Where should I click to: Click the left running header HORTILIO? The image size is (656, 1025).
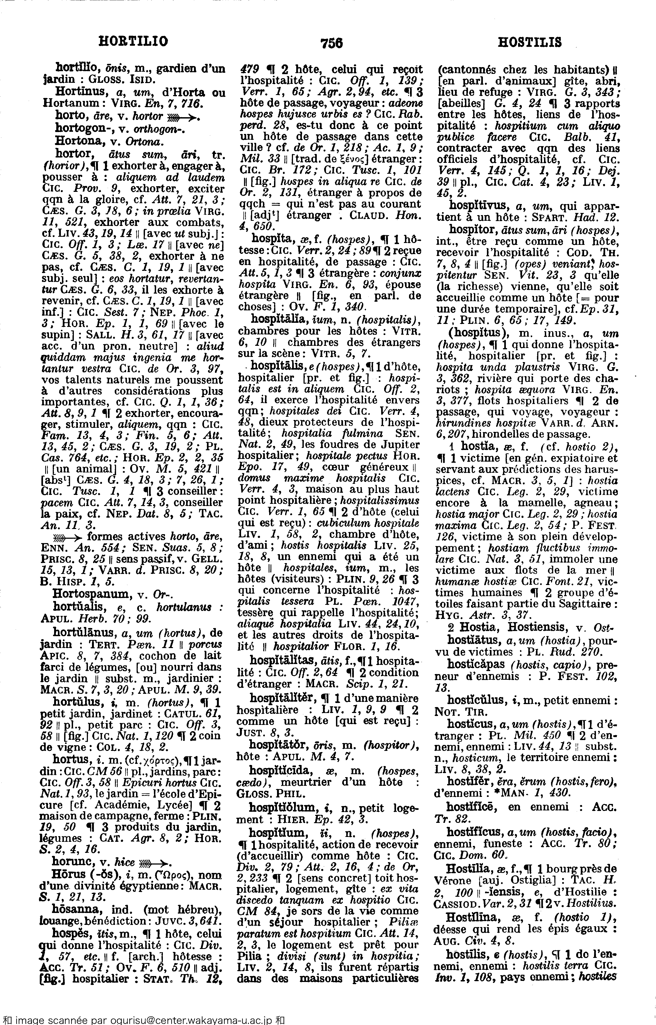(133, 41)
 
